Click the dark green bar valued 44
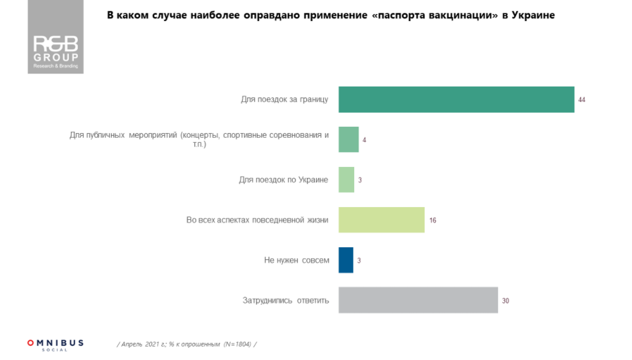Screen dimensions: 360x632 click(x=456, y=99)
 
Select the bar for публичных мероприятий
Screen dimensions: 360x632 click(x=348, y=140)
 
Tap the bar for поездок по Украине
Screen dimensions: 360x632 click(x=346, y=180)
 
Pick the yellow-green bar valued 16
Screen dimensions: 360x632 click(x=381, y=220)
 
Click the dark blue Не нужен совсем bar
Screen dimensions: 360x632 click(x=346, y=260)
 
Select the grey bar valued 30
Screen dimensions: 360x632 click(x=418, y=300)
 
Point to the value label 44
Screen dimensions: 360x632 click(x=582, y=100)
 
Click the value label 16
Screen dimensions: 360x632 click(x=433, y=220)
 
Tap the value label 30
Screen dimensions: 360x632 click(x=505, y=301)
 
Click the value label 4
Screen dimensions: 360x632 click(x=364, y=140)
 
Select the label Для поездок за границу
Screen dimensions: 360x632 click(x=284, y=99)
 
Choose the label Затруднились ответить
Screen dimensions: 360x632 click(x=285, y=300)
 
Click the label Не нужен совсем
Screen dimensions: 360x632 click(x=296, y=260)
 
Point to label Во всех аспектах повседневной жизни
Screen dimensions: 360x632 click(x=257, y=220)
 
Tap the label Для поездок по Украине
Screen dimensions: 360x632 click(x=284, y=180)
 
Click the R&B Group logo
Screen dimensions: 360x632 click(x=55, y=51)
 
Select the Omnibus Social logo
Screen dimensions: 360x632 click(x=55, y=344)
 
